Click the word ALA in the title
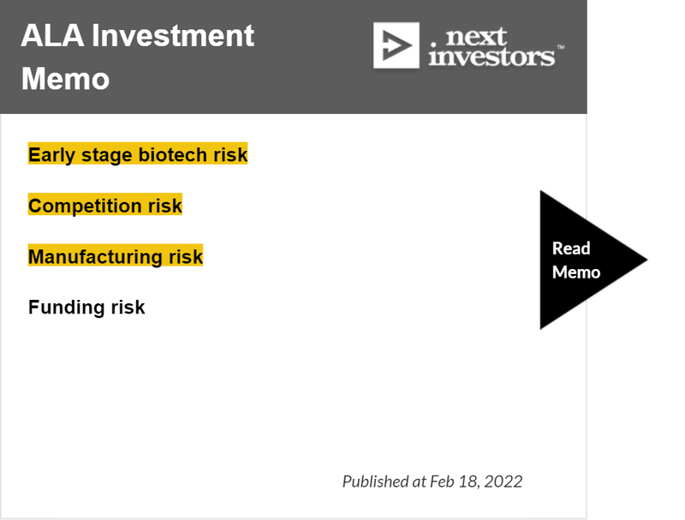tap(52, 35)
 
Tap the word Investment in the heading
tap(173, 35)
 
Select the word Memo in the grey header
tap(66, 79)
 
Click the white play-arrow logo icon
tap(396, 45)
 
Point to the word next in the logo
tap(476, 37)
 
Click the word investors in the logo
tap(491, 57)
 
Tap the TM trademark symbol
tap(561, 46)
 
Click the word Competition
tap(85, 206)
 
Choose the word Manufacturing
tap(95, 257)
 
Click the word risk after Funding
tap(128, 308)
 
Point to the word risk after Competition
tap(165, 206)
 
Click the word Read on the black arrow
tap(571, 248)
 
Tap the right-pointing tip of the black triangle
tap(647, 260)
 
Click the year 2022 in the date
tap(503, 481)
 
